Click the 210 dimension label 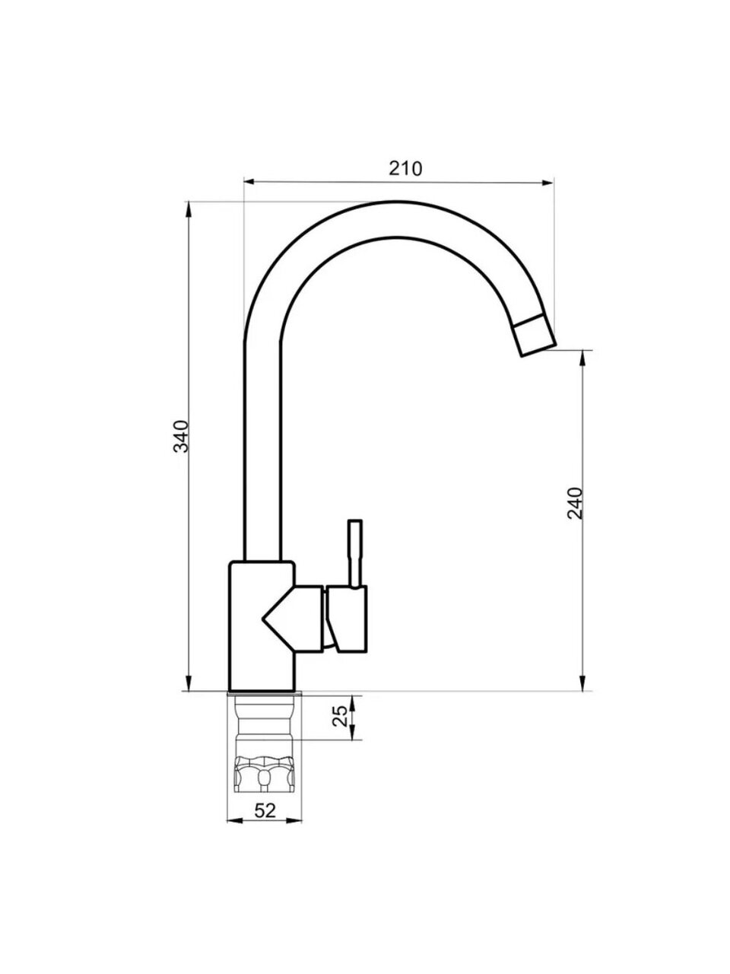(405, 169)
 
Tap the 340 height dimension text (181, 436)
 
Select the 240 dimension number (575, 503)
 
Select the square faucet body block (262, 632)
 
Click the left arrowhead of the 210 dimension (249, 182)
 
